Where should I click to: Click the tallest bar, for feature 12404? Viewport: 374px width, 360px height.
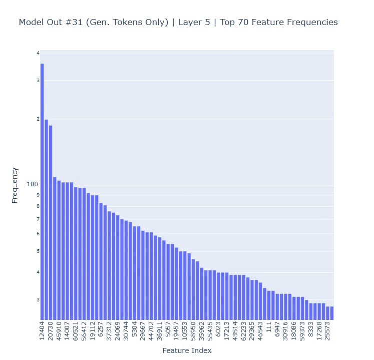coord(42,191)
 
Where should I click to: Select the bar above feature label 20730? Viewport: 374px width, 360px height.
coord(51,222)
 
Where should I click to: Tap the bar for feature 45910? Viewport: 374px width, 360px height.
coord(59,250)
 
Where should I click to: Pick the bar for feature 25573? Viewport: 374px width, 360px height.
coord(328,313)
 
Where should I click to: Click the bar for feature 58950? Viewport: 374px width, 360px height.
coord(193,289)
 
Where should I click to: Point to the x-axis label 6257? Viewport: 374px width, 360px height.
coord(101,329)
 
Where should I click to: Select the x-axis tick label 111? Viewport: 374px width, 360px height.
coord(269,326)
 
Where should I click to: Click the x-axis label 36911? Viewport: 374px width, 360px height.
coord(160,331)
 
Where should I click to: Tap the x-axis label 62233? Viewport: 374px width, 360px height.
coord(243,331)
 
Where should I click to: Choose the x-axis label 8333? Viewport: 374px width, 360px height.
coord(311,329)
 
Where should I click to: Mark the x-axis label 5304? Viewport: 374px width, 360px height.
coord(134,329)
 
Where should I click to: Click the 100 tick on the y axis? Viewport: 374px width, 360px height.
coord(32,184)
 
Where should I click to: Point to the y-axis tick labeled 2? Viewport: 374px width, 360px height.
coord(38,119)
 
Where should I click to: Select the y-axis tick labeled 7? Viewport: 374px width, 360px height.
coord(38,219)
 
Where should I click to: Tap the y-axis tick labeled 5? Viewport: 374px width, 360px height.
coord(38,251)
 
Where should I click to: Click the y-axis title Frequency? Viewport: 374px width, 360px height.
coord(15,185)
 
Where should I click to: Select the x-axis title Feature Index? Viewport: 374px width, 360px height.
coord(187,350)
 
